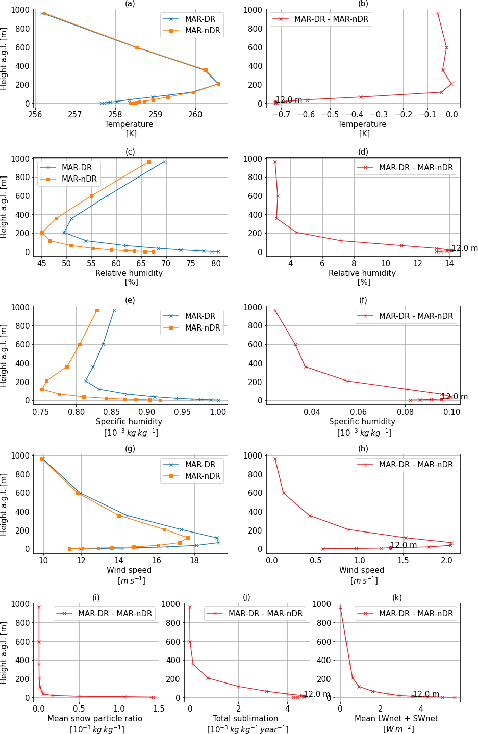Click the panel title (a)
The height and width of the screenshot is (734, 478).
coord(130,4)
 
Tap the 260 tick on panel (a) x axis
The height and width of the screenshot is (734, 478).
coord(195,115)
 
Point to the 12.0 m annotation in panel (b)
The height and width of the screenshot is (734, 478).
coord(289,100)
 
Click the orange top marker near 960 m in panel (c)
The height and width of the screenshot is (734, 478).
coord(149,162)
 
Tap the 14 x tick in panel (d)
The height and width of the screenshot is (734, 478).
coord(449,263)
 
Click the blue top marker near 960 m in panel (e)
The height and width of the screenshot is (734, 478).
coord(114,310)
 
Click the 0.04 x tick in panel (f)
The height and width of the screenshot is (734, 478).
coord(312,412)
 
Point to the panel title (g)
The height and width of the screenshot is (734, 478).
coord(130,449)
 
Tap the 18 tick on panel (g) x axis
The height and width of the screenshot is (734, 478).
coord(194,560)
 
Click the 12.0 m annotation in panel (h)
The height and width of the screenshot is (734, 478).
coord(404,545)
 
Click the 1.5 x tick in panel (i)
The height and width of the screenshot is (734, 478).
coord(159,708)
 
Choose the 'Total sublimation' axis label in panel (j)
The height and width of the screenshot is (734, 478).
coord(245,719)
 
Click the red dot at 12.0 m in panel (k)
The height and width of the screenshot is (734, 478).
coord(413,696)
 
